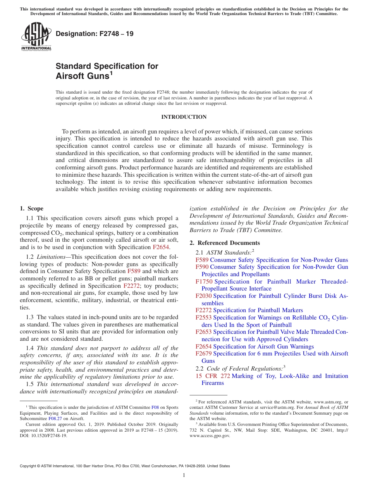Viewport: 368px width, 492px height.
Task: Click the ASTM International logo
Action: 36,36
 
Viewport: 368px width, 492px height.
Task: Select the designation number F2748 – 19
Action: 95,34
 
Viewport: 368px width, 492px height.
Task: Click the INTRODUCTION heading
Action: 184,117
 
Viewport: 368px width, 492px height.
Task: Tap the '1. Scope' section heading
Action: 31,208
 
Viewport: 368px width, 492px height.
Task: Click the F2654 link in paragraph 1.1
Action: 161,247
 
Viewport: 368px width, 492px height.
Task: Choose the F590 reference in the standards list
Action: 202,267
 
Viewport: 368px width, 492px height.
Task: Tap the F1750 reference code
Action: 204,282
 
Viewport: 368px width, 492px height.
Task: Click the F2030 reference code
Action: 203,296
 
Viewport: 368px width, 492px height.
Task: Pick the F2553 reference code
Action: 203,318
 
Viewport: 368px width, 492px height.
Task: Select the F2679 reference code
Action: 203,354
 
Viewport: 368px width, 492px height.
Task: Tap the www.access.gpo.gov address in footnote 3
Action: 210,435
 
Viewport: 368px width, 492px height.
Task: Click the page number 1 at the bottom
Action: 184,475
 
